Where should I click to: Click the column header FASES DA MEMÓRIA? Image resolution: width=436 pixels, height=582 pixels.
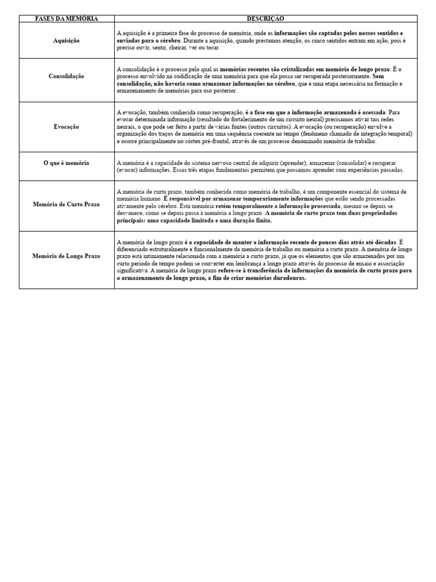[x=66, y=19]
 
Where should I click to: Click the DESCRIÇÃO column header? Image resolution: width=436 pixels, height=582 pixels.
[x=266, y=19]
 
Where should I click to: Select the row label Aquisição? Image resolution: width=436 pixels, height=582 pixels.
[x=66, y=40]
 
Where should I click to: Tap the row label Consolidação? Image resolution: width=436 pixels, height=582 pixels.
[x=66, y=76]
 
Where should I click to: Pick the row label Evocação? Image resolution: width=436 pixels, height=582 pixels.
[x=66, y=127]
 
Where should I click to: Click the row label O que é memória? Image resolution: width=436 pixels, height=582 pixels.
[x=66, y=163]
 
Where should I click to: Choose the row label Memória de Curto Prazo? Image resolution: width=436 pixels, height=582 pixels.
[x=66, y=203]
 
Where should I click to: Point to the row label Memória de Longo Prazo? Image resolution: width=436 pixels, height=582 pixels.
[x=66, y=256]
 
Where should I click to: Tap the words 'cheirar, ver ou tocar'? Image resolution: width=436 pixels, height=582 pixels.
[x=184, y=48]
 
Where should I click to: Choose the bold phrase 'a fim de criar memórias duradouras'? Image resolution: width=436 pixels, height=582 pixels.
[x=262, y=278]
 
